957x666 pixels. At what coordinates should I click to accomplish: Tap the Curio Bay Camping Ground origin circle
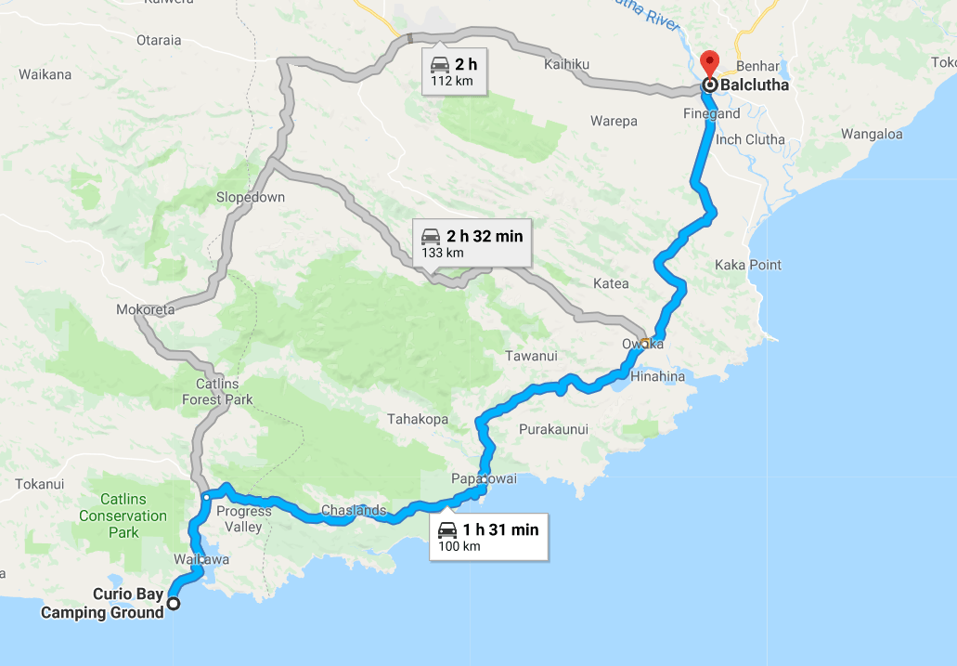click(x=173, y=604)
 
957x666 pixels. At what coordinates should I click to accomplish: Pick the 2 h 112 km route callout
click(x=454, y=72)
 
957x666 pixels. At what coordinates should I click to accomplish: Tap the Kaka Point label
click(x=748, y=265)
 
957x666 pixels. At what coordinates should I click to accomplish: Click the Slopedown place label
click(x=251, y=197)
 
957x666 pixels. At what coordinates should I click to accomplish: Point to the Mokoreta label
click(x=146, y=310)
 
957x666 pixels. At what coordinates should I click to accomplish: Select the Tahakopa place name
click(x=418, y=420)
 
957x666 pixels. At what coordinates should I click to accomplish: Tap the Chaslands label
click(x=354, y=510)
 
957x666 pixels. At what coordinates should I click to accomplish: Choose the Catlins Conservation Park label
click(x=123, y=516)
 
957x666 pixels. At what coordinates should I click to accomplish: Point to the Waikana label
click(x=45, y=74)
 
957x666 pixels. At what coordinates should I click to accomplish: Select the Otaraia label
click(x=159, y=40)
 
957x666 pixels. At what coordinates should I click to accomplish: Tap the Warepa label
click(x=614, y=121)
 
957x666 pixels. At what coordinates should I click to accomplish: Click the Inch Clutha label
click(x=750, y=139)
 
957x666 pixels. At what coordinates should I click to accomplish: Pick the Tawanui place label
click(x=532, y=356)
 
